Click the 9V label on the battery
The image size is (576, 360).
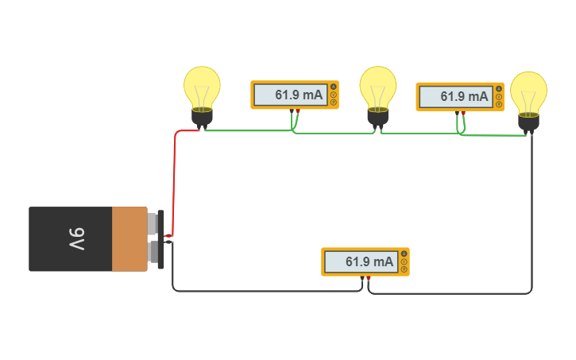pos(76,238)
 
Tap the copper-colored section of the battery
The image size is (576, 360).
pos(129,238)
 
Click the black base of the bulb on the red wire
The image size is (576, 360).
pos(202,118)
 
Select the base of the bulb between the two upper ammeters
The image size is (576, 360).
pos(377,117)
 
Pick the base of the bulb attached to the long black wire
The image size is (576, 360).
pos(528,122)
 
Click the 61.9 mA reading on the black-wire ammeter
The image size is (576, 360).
pos(369,261)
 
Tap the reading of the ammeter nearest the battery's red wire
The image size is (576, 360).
pos(299,95)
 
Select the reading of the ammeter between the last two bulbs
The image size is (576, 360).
pos(464,97)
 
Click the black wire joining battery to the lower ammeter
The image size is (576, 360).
pos(262,292)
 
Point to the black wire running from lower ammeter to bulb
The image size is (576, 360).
pos(532,223)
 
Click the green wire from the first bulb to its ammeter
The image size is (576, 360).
pos(246,130)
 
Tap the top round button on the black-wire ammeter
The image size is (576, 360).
pos(404,254)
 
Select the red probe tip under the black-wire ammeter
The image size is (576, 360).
pos(368,278)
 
